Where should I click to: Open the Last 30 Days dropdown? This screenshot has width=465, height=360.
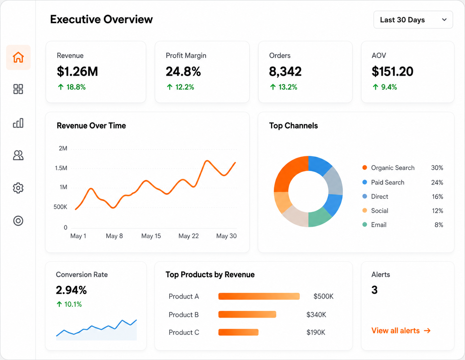[413, 20]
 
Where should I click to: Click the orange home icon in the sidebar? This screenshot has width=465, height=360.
[18, 57]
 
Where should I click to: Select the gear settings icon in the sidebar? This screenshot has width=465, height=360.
[18, 188]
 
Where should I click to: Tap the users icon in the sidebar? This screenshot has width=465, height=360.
[18, 155]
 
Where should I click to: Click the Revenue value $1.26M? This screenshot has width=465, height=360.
[77, 71]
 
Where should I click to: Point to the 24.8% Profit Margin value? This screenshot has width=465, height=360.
[183, 71]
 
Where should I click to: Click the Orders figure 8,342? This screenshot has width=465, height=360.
[285, 71]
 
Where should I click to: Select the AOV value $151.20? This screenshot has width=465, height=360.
[393, 71]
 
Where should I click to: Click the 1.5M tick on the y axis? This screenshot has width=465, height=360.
[61, 168]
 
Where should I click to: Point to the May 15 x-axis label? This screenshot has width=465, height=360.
[151, 236]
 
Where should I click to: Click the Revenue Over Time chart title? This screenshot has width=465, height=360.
[91, 126]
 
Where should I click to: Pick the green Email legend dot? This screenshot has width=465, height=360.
[365, 225]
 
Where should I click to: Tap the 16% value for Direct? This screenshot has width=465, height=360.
[437, 196]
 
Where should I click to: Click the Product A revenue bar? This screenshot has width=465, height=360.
[259, 296]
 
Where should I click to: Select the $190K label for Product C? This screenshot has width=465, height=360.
[316, 332]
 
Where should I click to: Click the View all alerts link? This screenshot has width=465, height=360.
[401, 331]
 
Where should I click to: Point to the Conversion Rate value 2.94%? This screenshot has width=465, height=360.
[71, 290]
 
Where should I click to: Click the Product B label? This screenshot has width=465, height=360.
[184, 315]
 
